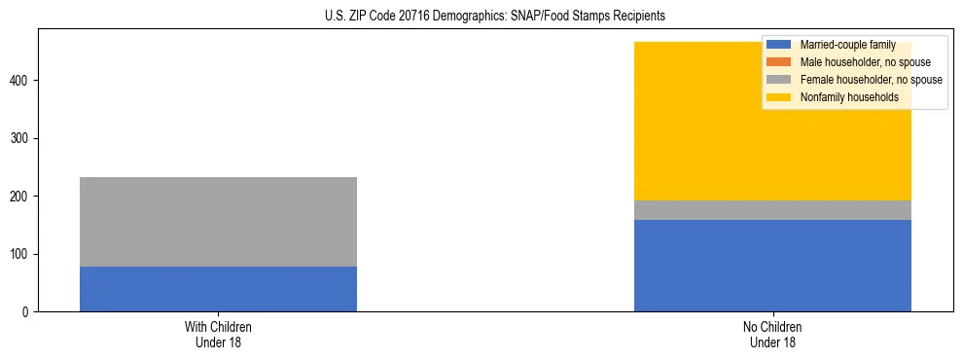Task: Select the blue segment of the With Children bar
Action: coord(218,289)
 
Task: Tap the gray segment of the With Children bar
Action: coord(218,222)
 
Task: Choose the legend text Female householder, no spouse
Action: coord(871,80)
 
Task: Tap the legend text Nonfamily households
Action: coord(849,97)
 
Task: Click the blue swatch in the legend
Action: coord(779,45)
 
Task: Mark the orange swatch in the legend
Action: coord(779,62)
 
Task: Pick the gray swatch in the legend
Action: coord(779,80)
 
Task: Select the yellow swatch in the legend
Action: coord(779,97)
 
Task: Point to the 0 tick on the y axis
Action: coord(27,312)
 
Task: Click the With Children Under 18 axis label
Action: coord(218,335)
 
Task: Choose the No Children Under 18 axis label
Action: coord(772,335)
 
